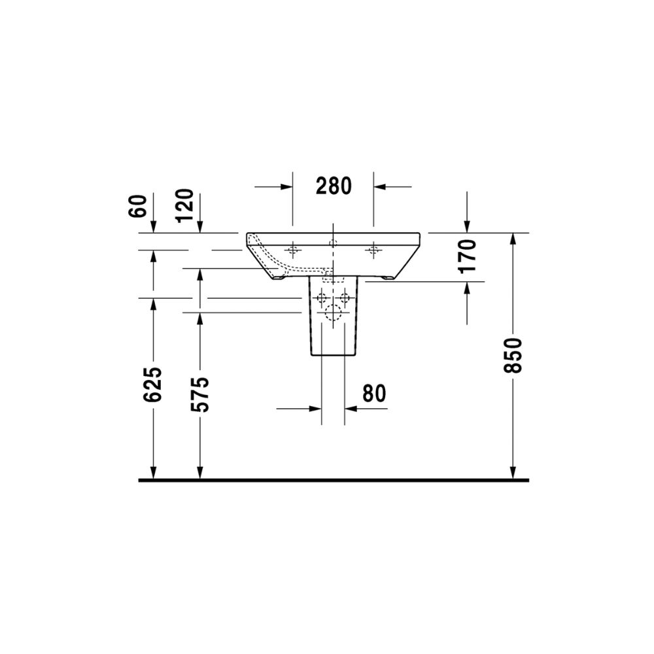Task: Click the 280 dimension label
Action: [334, 186]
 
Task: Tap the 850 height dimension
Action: [513, 355]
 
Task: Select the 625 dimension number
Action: [152, 385]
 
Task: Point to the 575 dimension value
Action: [199, 394]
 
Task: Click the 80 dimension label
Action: [374, 393]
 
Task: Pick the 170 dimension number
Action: [467, 256]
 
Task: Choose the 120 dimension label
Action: [185, 206]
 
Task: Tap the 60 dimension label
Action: [139, 206]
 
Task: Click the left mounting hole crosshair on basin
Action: [292, 250]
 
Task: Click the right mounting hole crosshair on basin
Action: [373, 250]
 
